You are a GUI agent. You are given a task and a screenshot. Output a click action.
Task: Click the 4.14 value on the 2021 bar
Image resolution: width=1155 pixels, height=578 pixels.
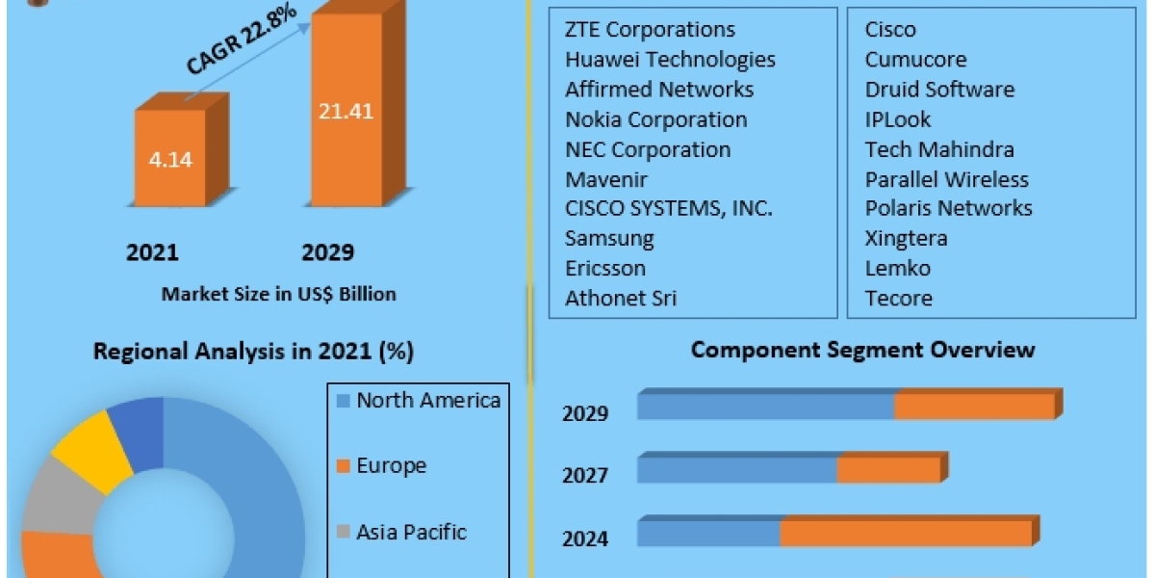tap(170, 160)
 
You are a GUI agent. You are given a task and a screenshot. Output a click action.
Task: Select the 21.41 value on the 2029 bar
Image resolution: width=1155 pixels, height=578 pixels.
tap(346, 112)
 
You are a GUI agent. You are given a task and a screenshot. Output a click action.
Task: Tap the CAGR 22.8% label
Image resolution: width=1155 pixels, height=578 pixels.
tap(241, 39)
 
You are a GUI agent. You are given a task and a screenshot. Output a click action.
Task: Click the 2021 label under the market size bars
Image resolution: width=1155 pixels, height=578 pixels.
tap(152, 252)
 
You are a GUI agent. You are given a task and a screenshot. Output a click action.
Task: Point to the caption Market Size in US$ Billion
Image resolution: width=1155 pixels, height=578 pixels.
tap(278, 294)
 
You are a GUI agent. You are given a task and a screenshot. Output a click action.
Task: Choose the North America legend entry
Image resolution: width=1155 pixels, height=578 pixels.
tap(418, 401)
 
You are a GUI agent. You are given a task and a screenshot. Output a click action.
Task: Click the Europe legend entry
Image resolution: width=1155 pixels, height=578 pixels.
tap(381, 466)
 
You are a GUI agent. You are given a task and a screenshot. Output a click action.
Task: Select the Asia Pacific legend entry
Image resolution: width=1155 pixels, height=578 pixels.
tap(401, 532)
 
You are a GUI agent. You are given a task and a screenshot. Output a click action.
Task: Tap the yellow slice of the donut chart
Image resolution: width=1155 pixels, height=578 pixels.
tap(92, 450)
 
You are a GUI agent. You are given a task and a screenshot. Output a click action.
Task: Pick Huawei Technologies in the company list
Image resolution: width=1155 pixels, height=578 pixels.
tap(670, 60)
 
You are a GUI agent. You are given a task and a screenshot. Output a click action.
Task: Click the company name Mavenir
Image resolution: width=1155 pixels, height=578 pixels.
tap(605, 179)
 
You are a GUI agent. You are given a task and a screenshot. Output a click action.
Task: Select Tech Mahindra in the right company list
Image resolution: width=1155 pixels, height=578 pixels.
tap(939, 149)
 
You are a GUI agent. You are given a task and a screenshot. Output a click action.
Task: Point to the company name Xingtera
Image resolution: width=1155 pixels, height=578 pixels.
tap(906, 239)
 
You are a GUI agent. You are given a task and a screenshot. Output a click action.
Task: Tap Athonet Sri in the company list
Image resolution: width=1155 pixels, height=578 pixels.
tap(621, 299)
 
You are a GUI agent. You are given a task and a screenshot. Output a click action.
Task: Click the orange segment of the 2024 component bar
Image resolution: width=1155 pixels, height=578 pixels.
tap(906, 533)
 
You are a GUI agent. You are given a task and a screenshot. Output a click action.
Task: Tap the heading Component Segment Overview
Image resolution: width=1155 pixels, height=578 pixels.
tap(862, 351)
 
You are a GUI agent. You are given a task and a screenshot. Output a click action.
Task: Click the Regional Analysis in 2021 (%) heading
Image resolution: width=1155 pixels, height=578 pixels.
tap(253, 352)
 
